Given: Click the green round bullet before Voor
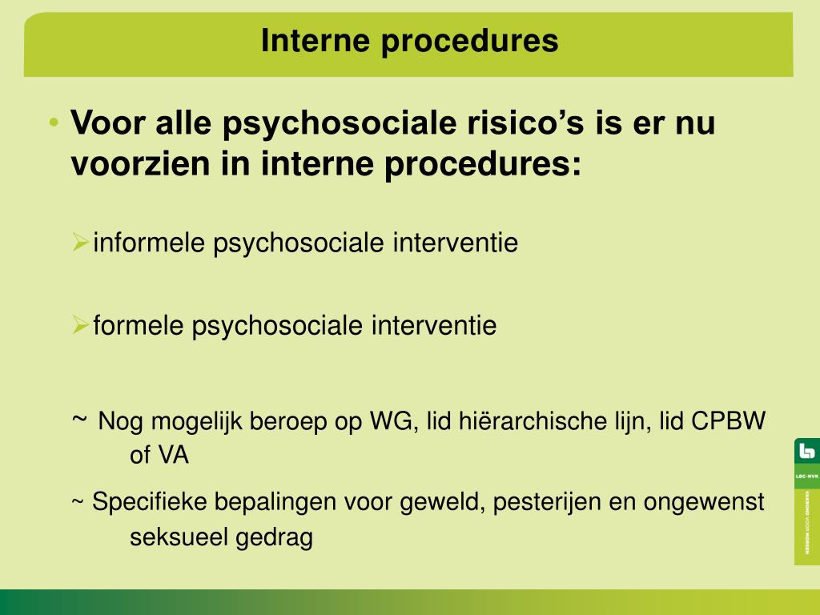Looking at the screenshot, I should click(53, 123).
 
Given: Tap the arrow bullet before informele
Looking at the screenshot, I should click(80, 241).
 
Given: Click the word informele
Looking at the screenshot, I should click(150, 243).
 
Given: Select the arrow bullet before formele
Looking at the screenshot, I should click(80, 324).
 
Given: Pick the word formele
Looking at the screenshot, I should click(139, 326).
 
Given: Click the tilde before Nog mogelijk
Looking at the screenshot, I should click(79, 418).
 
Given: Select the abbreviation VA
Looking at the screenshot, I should click(171, 456).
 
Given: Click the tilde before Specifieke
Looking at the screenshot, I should click(78, 503).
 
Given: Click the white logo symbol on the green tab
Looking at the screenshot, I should click(806, 452).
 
